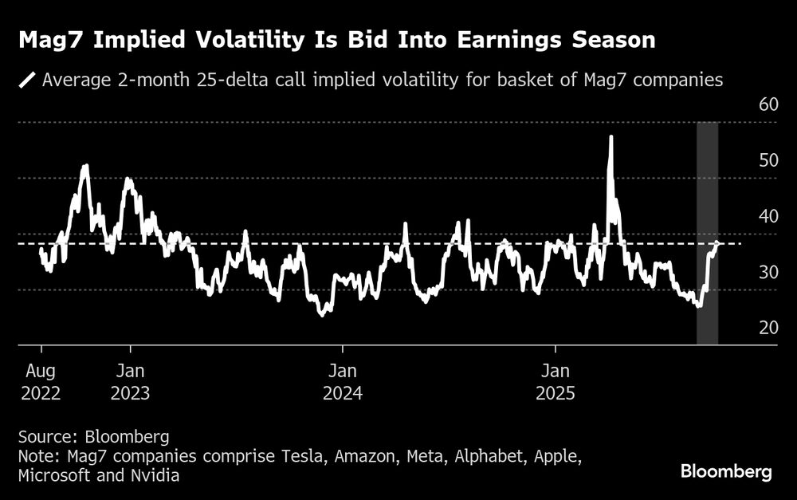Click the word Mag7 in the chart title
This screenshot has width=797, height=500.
pyautogui.click(x=50, y=41)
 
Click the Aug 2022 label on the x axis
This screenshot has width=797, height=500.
pyautogui.click(x=41, y=382)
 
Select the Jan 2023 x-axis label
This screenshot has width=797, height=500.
pyautogui.click(x=131, y=382)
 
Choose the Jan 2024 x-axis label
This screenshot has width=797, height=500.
pyautogui.click(x=343, y=382)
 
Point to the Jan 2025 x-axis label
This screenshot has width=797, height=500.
pyautogui.click(x=555, y=382)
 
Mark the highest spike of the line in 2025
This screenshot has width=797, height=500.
pyautogui.click(x=611, y=137)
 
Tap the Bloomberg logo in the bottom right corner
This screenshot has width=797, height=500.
pyautogui.click(x=726, y=471)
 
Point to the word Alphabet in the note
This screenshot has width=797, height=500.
pyautogui.click(x=450, y=456)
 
